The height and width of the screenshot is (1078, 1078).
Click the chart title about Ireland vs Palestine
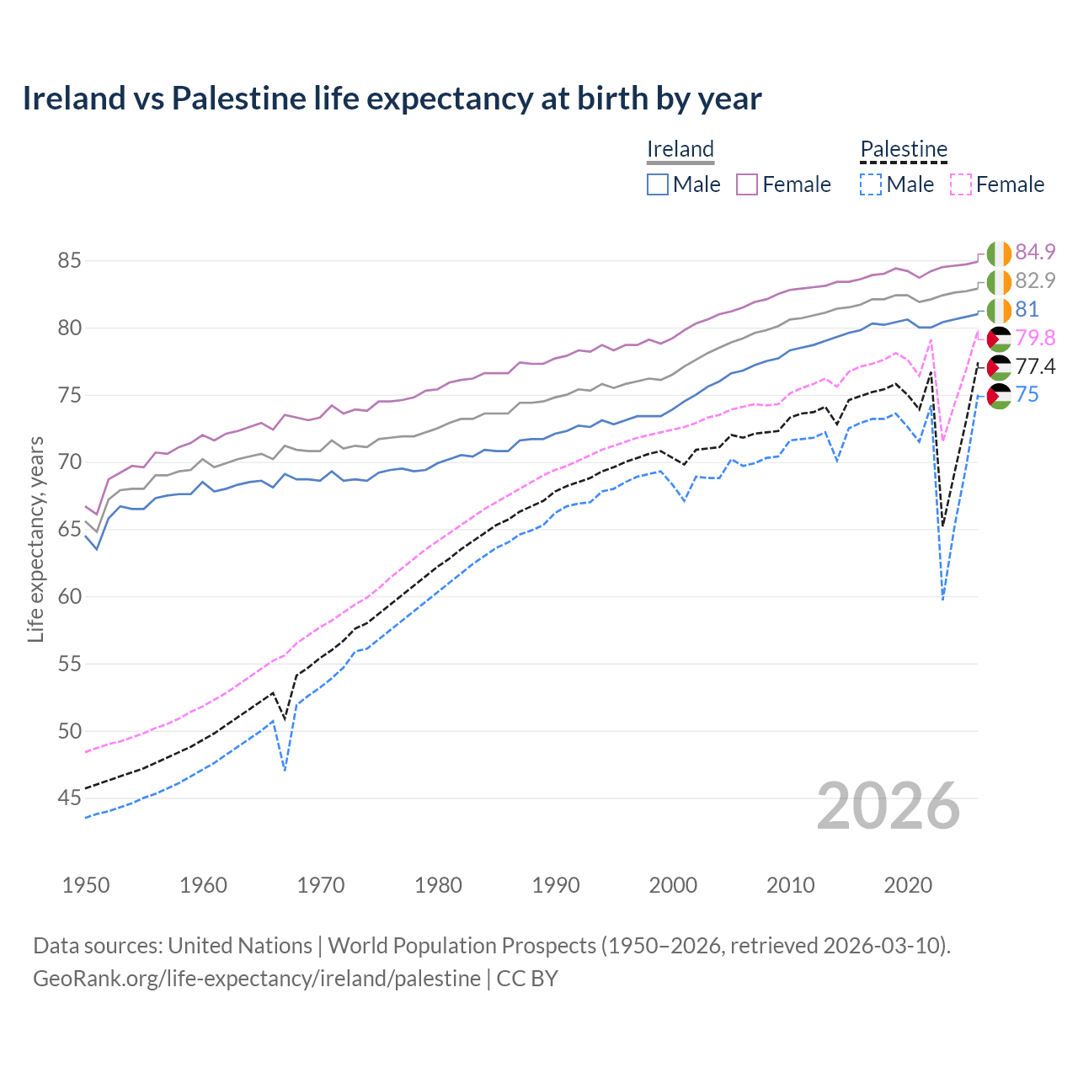(x=392, y=99)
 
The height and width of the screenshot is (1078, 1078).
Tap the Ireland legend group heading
(x=680, y=149)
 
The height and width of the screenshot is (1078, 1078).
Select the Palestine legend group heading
(x=904, y=149)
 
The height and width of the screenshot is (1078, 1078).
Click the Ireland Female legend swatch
(x=747, y=184)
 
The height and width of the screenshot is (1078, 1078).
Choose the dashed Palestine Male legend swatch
(x=871, y=184)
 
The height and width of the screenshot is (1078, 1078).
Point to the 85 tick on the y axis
(x=69, y=261)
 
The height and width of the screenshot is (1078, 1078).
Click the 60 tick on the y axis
(x=69, y=597)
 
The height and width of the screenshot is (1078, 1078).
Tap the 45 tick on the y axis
(x=69, y=798)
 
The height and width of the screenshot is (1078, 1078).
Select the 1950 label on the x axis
(x=86, y=885)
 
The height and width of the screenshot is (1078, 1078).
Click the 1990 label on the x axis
(x=556, y=885)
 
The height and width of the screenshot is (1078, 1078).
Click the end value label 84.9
(x=1035, y=252)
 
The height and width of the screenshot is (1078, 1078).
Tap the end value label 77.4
(x=1035, y=366)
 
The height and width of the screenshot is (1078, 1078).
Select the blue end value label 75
(x=1027, y=395)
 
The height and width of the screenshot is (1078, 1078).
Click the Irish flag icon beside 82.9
(x=999, y=281)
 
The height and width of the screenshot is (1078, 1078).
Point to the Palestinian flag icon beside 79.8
(x=999, y=339)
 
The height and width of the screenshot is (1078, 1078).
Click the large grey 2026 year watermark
(x=888, y=806)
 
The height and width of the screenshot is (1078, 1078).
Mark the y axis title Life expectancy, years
(x=36, y=539)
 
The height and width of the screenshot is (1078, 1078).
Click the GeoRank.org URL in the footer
(x=257, y=979)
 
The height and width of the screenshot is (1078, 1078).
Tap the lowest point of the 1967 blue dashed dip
(x=286, y=771)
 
